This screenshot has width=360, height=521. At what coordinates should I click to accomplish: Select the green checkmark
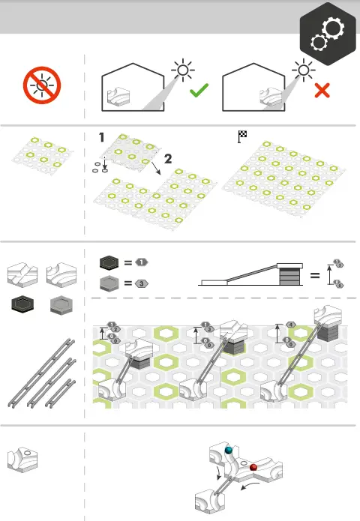tap(199, 91)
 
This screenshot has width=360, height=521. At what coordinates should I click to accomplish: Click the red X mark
tap(322, 91)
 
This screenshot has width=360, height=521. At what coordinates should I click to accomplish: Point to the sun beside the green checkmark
tap(182, 72)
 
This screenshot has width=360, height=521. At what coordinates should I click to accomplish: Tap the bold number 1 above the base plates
tap(102, 138)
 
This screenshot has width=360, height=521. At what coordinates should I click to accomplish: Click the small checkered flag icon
tap(242, 136)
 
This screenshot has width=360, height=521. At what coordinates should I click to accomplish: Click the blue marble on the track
tap(229, 451)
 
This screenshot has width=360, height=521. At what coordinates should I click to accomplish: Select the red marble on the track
tap(253, 468)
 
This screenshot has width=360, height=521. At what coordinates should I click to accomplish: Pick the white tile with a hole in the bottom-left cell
tap(24, 458)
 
